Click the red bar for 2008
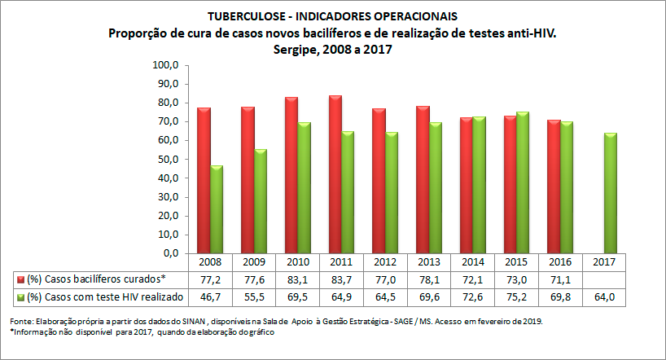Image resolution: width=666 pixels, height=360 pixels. click(204, 180)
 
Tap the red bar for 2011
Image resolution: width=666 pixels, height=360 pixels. click(335, 174)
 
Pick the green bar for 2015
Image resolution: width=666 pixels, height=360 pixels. click(523, 182)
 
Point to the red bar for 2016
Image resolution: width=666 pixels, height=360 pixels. click(554, 187)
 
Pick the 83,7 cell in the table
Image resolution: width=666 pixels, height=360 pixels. click(341, 279)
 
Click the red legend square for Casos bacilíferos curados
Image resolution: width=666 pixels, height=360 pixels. click(20, 279)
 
